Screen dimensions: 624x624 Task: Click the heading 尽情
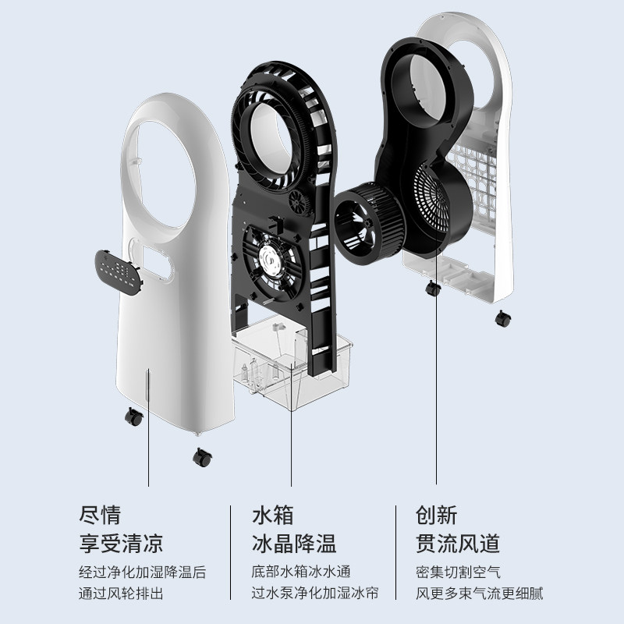pos(101,515)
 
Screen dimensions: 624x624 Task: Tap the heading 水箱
pos(272,515)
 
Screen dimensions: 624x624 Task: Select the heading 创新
pos(437,515)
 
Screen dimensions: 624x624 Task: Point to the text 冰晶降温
pos(292,543)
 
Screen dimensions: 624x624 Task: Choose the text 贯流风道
pos(458,543)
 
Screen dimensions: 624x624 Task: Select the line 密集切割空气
pos(458,572)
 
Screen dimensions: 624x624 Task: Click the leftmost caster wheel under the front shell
pos(133,417)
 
